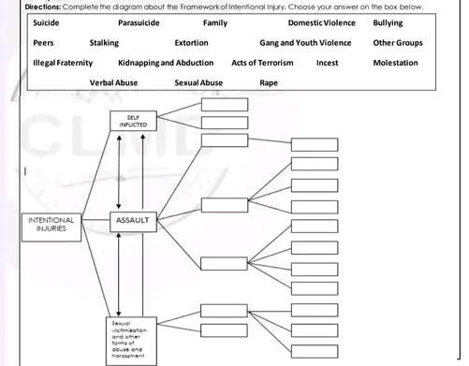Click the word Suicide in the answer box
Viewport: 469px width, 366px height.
(47, 22)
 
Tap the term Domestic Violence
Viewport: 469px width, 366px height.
(318, 22)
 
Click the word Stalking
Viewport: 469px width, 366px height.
(104, 43)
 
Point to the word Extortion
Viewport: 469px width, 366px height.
(191, 43)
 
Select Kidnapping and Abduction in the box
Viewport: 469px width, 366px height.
(167, 63)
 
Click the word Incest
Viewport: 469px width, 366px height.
(328, 63)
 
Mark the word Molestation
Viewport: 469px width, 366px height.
(395, 63)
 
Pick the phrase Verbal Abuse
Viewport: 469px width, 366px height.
(114, 83)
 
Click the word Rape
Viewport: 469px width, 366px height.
(267, 83)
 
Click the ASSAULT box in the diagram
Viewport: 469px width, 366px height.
(133, 220)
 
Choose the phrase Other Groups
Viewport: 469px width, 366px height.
(398, 43)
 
